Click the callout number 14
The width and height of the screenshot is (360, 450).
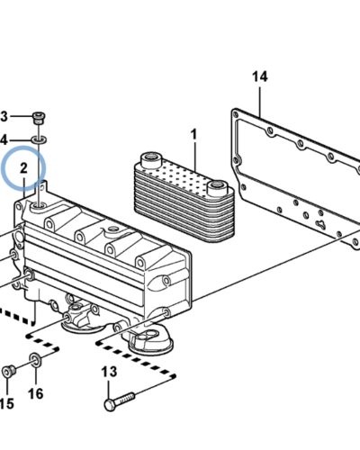pyautogui.click(x=259, y=76)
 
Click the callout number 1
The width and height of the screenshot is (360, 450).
pyautogui.click(x=194, y=134)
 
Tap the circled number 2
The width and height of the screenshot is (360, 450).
pyautogui.click(x=23, y=168)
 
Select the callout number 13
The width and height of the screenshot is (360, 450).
pyautogui.click(x=109, y=372)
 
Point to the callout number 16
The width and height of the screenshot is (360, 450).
pyautogui.click(x=36, y=393)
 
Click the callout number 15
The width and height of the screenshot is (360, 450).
pyautogui.click(x=6, y=404)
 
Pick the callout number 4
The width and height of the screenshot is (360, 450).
pyautogui.click(x=4, y=140)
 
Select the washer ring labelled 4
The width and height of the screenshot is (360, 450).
pyautogui.click(x=40, y=139)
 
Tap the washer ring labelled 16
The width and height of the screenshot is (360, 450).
pyautogui.click(x=36, y=360)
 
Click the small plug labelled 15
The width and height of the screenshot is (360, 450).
pyautogui.click(x=8, y=372)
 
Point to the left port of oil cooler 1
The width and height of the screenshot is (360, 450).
pyautogui.click(x=151, y=159)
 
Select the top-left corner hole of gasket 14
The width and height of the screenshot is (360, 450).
pyautogui.click(x=236, y=114)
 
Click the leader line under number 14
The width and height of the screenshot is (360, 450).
pyautogui.click(x=260, y=102)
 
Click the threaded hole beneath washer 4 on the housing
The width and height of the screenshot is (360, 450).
pyautogui.click(x=40, y=205)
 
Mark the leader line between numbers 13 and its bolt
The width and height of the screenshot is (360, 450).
pyautogui.click(x=109, y=390)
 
